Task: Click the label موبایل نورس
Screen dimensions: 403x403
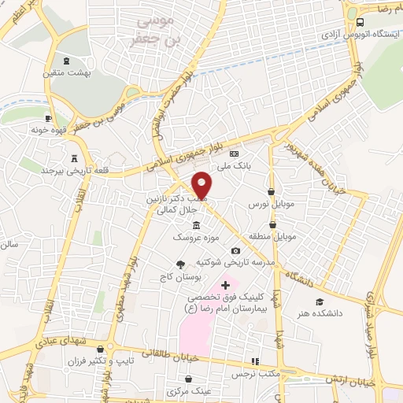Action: coord(271,204)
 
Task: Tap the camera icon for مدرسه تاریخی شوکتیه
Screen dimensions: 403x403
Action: coord(234,250)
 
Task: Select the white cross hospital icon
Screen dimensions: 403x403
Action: coord(226,284)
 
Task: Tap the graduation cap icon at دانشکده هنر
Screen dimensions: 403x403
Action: coord(319,301)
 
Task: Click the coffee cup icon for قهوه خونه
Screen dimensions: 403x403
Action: coord(49,118)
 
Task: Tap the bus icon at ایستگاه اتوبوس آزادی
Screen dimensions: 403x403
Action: coord(360,23)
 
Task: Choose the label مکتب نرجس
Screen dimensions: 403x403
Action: coord(252,374)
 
